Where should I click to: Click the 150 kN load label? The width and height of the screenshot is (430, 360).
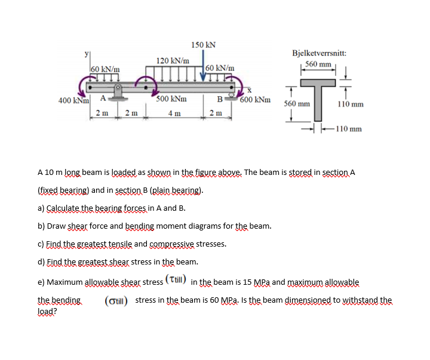point(203,45)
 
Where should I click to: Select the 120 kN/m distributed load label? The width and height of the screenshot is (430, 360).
point(173,60)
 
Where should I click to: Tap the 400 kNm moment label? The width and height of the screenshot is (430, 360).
point(74,100)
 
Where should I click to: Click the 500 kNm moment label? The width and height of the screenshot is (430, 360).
point(171,99)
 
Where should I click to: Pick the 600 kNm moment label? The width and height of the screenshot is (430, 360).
point(254,100)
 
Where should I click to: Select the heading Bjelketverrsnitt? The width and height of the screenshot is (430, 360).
point(319,53)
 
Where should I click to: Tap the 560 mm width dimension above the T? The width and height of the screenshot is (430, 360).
point(318,64)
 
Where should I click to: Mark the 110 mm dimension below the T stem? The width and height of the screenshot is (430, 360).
point(349,128)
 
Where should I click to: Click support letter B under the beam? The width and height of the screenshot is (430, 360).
point(220,99)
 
